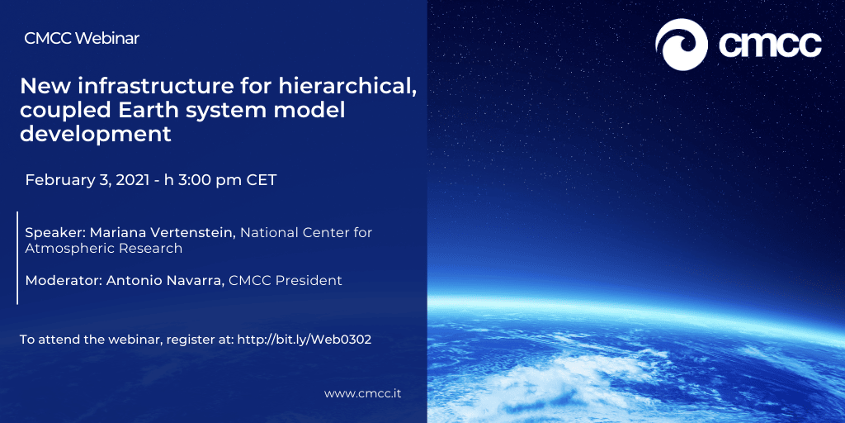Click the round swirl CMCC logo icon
click(681, 45)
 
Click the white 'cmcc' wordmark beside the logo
click(770, 45)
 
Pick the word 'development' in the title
click(96, 135)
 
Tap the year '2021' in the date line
click(131, 179)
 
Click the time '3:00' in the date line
click(195, 179)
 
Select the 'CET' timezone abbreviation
click(262, 179)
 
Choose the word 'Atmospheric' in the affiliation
click(59, 249)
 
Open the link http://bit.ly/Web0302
click(304, 340)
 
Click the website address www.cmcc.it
click(363, 393)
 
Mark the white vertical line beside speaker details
click(18, 258)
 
